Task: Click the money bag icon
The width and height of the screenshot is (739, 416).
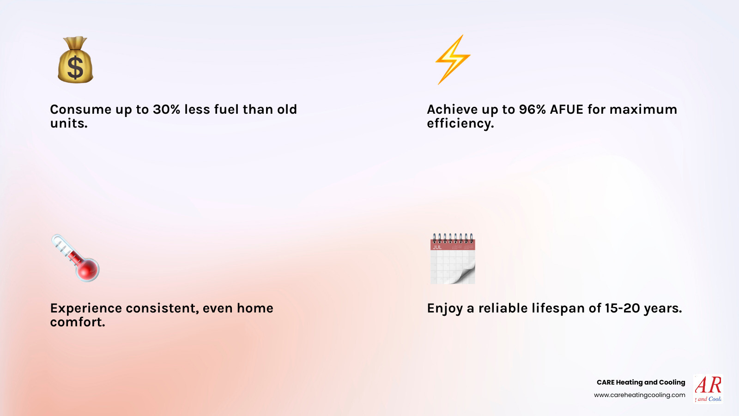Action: [x=75, y=60]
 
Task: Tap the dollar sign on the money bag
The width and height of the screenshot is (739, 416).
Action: [x=75, y=67]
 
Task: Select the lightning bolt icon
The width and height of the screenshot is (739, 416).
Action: [x=453, y=59]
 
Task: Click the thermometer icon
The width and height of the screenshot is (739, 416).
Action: [x=75, y=257]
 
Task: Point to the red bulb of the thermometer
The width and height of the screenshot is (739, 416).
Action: [x=88, y=269]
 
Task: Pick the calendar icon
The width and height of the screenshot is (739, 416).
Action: [x=453, y=259]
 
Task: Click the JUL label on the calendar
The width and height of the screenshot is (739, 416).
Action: [x=437, y=247]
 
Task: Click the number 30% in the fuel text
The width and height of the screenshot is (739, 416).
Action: [x=166, y=110]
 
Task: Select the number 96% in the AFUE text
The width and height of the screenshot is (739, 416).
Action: [x=532, y=110]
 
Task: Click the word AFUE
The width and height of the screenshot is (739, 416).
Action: [x=567, y=110]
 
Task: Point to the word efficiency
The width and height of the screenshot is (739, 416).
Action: [x=460, y=123]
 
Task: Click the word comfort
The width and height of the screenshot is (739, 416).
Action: [x=77, y=322]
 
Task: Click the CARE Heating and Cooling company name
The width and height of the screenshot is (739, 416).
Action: [x=641, y=382]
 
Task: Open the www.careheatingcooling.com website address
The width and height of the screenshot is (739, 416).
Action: [x=639, y=395]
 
